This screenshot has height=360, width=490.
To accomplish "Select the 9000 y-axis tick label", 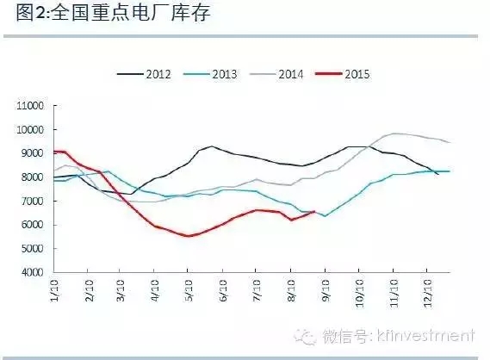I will pos(32,153).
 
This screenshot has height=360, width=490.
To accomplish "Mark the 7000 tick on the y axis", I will pos(32,202).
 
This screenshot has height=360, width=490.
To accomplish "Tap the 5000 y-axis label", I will pos(32,249).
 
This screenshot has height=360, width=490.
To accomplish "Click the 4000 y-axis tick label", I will pos(32,273).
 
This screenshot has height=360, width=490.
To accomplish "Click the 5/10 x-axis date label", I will pos(187,289).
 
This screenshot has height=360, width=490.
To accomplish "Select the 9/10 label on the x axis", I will pos(324,289).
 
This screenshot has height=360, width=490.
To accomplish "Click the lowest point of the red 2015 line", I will pos(189,236).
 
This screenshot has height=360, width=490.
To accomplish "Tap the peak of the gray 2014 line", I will pos(394,133).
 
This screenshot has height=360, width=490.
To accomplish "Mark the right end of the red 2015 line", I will pos(314,211).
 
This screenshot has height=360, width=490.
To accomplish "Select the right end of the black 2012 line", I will pos(438,175).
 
